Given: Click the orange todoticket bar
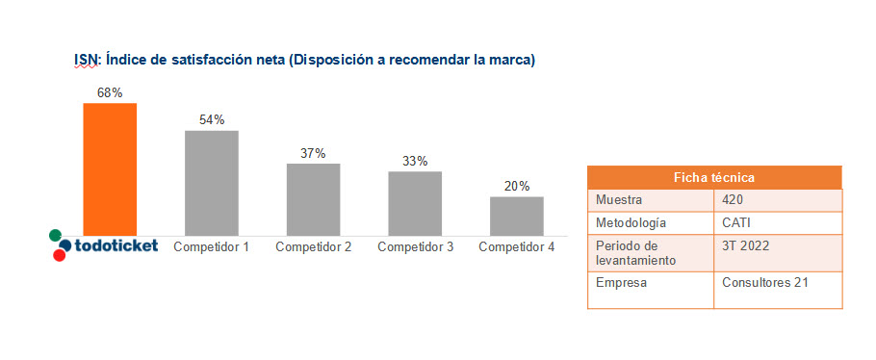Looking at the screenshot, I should coord(110,168).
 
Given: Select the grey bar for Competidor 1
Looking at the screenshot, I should coord(212,183).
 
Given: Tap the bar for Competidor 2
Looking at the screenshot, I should coord(313,199).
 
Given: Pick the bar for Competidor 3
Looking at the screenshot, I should coord(415,203).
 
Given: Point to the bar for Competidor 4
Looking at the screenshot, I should coord(517,216).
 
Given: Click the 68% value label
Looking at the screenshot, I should coord(110,93).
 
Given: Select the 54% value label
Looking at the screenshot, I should coord(212,120).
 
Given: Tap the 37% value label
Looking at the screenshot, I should coord(313,153).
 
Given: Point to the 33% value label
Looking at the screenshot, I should coord(415,161).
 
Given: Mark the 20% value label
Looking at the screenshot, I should coord(517,186).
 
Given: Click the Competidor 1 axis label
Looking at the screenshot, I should coord(212,247).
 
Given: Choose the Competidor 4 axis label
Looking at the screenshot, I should coord(517,247).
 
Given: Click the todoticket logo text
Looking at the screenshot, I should coord(116,245).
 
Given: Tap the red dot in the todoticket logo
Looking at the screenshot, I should coord(60,255).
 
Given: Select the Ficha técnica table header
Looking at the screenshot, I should coord(714,177).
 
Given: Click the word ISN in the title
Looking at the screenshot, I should coord(86,60).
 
